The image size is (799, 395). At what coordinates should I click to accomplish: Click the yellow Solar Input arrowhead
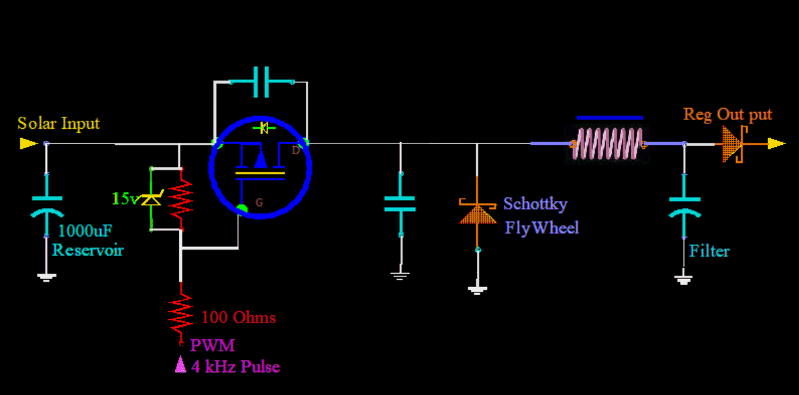click(x=28, y=143)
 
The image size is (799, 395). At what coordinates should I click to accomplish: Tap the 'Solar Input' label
click(x=58, y=123)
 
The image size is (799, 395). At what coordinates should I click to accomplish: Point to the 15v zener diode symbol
click(x=151, y=199)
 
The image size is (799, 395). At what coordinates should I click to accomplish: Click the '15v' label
click(x=125, y=199)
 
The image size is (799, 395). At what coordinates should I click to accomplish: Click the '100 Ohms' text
click(x=239, y=317)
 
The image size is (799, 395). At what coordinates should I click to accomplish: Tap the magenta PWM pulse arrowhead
click(x=180, y=363)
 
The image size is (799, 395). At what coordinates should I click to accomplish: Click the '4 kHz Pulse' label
click(x=235, y=367)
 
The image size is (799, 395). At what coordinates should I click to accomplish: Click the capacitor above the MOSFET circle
click(x=260, y=82)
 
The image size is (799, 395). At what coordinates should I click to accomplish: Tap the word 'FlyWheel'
click(x=541, y=227)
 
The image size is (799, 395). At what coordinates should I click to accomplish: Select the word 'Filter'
click(x=709, y=251)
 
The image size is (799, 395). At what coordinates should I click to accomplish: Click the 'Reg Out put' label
click(x=728, y=115)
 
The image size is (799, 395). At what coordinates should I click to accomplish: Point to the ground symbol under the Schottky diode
click(x=477, y=290)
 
